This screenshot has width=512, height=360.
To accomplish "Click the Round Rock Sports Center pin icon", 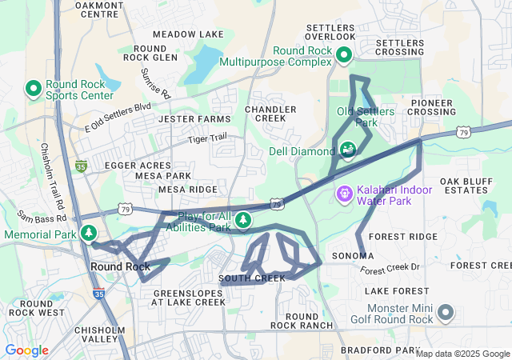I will click(34, 88).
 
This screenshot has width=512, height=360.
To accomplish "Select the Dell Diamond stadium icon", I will click(348, 149).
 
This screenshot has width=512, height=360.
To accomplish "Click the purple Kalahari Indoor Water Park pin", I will click(344, 193).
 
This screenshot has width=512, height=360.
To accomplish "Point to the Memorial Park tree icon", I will click(90, 234).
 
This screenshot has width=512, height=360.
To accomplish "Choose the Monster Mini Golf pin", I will click(446, 313).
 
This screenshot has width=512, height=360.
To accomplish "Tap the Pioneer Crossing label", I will click(432, 107).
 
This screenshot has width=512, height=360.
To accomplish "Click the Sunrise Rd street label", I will click(156, 82).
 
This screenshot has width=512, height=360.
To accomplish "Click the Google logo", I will click(26, 350).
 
